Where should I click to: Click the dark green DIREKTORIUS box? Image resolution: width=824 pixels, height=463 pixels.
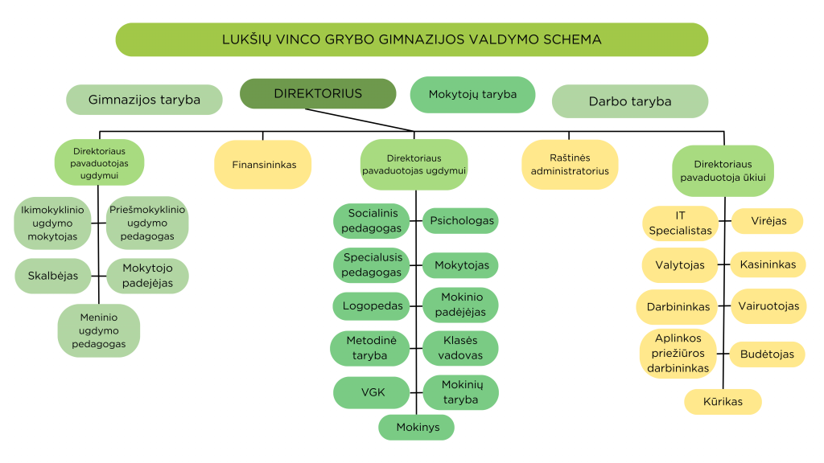click(318, 93)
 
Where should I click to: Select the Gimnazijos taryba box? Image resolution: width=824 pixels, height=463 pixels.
click(144, 100)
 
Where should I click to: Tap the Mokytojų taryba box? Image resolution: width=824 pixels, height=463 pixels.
click(472, 94)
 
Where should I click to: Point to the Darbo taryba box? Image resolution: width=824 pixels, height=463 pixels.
click(629, 101)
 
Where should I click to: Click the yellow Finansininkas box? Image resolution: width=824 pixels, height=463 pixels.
click(263, 165)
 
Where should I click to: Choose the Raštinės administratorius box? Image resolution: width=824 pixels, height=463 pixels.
click(569, 165)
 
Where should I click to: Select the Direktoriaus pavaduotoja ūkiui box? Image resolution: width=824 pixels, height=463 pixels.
click(723, 170)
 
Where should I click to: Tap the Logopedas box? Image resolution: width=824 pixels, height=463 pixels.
click(372, 305)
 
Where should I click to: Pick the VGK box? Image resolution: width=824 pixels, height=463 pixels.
click(372, 392)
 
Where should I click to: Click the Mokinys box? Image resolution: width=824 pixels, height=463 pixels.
click(417, 427)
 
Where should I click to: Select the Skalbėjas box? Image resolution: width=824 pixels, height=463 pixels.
click(53, 276)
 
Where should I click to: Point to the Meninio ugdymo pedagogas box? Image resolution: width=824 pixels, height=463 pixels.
click(99, 330)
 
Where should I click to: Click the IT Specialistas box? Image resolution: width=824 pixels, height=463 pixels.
click(680, 223)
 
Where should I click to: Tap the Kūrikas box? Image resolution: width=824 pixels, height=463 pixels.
click(723, 401)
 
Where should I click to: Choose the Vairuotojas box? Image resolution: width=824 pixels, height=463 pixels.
click(768, 306)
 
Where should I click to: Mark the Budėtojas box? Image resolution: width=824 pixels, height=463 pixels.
click(767, 354)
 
